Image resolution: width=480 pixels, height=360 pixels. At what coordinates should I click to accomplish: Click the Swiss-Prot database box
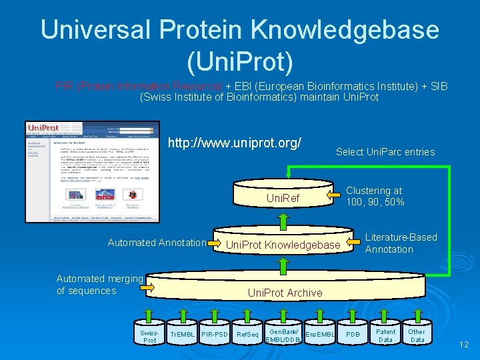click(150, 336)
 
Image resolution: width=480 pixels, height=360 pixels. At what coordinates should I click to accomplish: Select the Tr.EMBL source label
click(181, 333)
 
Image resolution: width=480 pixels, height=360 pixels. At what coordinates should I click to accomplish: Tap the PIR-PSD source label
click(214, 333)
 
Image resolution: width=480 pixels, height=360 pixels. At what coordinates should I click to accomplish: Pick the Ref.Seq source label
click(248, 333)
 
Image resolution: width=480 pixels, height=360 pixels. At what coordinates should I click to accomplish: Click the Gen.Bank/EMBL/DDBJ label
click(283, 335)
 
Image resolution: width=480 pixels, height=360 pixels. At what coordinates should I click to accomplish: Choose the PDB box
click(353, 333)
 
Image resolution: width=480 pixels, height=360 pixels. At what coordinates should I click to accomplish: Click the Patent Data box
click(385, 335)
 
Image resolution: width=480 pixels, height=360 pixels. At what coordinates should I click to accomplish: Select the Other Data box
click(417, 335)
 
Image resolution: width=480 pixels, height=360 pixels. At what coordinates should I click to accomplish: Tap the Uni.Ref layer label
click(283, 198)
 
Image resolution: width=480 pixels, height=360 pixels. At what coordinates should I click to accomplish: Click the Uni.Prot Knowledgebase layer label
click(283, 245)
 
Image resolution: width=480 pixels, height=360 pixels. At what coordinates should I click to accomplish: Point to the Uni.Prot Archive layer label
click(285, 293)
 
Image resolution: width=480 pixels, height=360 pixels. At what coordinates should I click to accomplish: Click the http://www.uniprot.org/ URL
click(235, 143)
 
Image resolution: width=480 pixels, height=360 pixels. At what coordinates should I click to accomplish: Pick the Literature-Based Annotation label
click(401, 243)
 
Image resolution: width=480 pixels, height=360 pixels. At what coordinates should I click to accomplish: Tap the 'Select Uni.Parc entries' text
click(385, 152)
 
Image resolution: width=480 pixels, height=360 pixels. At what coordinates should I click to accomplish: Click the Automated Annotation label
click(157, 243)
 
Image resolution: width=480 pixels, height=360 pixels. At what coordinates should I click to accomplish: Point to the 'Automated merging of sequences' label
click(100, 285)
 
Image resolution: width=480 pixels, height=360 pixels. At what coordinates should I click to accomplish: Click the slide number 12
click(463, 344)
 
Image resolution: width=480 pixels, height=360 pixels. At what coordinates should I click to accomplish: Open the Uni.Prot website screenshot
click(93, 171)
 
